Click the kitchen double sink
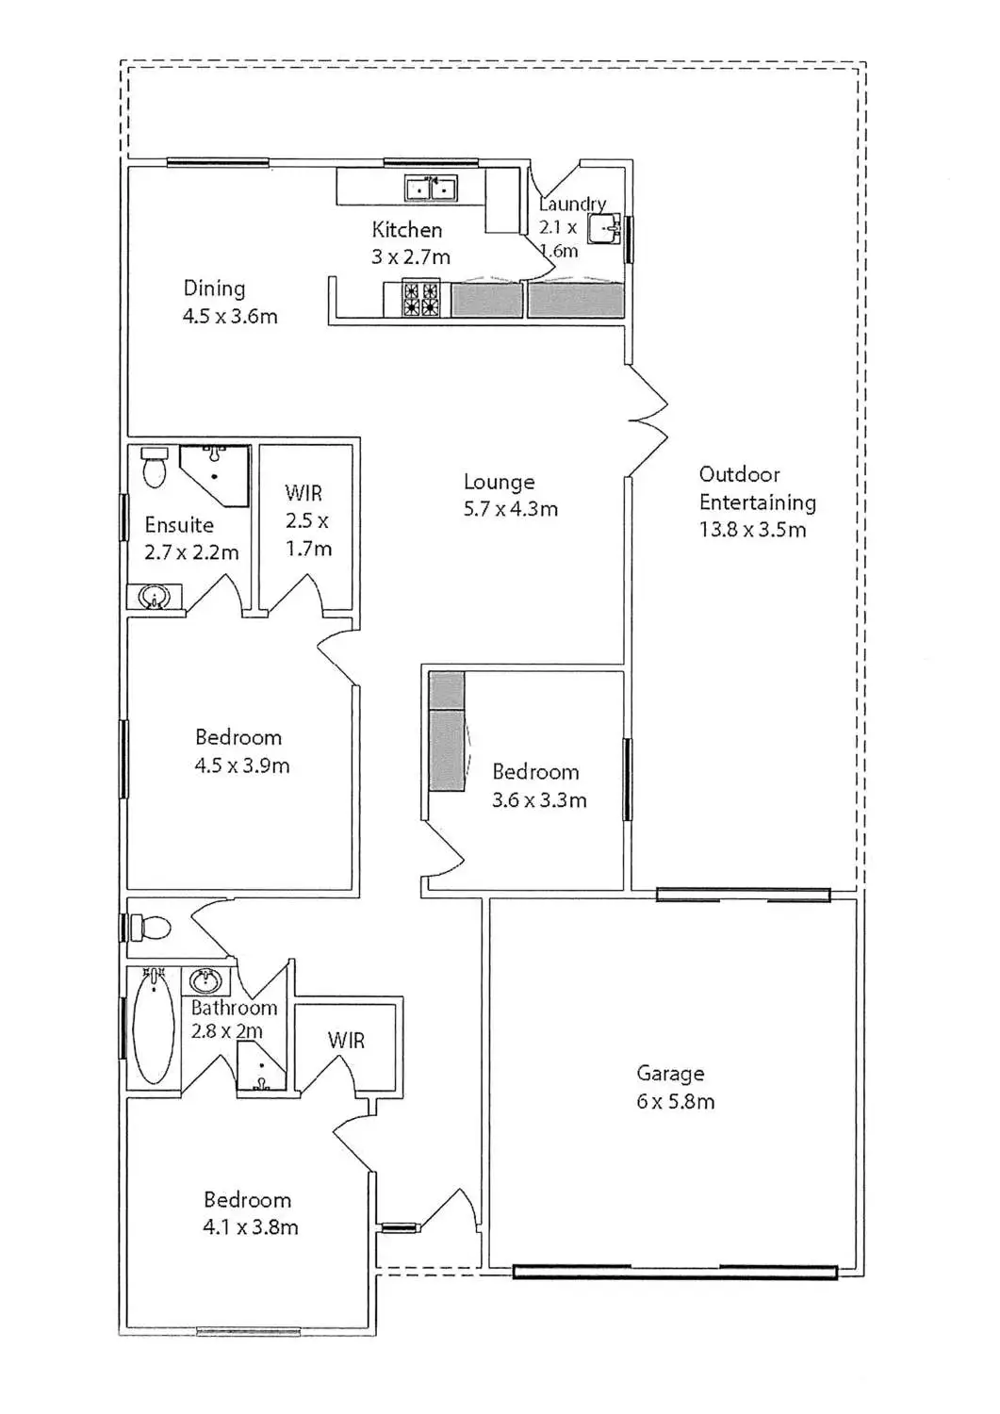pyautogui.click(x=431, y=189)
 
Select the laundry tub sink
pyautogui.click(x=604, y=228)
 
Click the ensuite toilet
pyautogui.click(x=155, y=467)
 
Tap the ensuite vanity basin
pyautogui.click(x=154, y=597)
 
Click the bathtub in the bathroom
pyautogui.click(x=154, y=1028)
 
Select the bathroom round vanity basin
pyautogui.click(x=205, y=981)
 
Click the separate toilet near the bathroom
pyautogui.click(x=150, y=928)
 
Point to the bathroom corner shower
pyautogui.click(x=260, y=1070)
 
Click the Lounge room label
pyautogui.click(x=499, y=483)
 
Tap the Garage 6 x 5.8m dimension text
pyautogui.click(x=675, y=1101)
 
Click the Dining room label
pyautogui.click(x=214, y=288)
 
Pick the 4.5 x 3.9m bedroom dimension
pyautogui.click(x=241, y=765)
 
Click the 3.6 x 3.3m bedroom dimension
pyautogui.click(x=539, y=800)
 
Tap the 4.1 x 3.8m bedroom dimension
pyautogui.click(x=251, y=1227)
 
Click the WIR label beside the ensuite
pyautogui.click(x=303, y=493)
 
